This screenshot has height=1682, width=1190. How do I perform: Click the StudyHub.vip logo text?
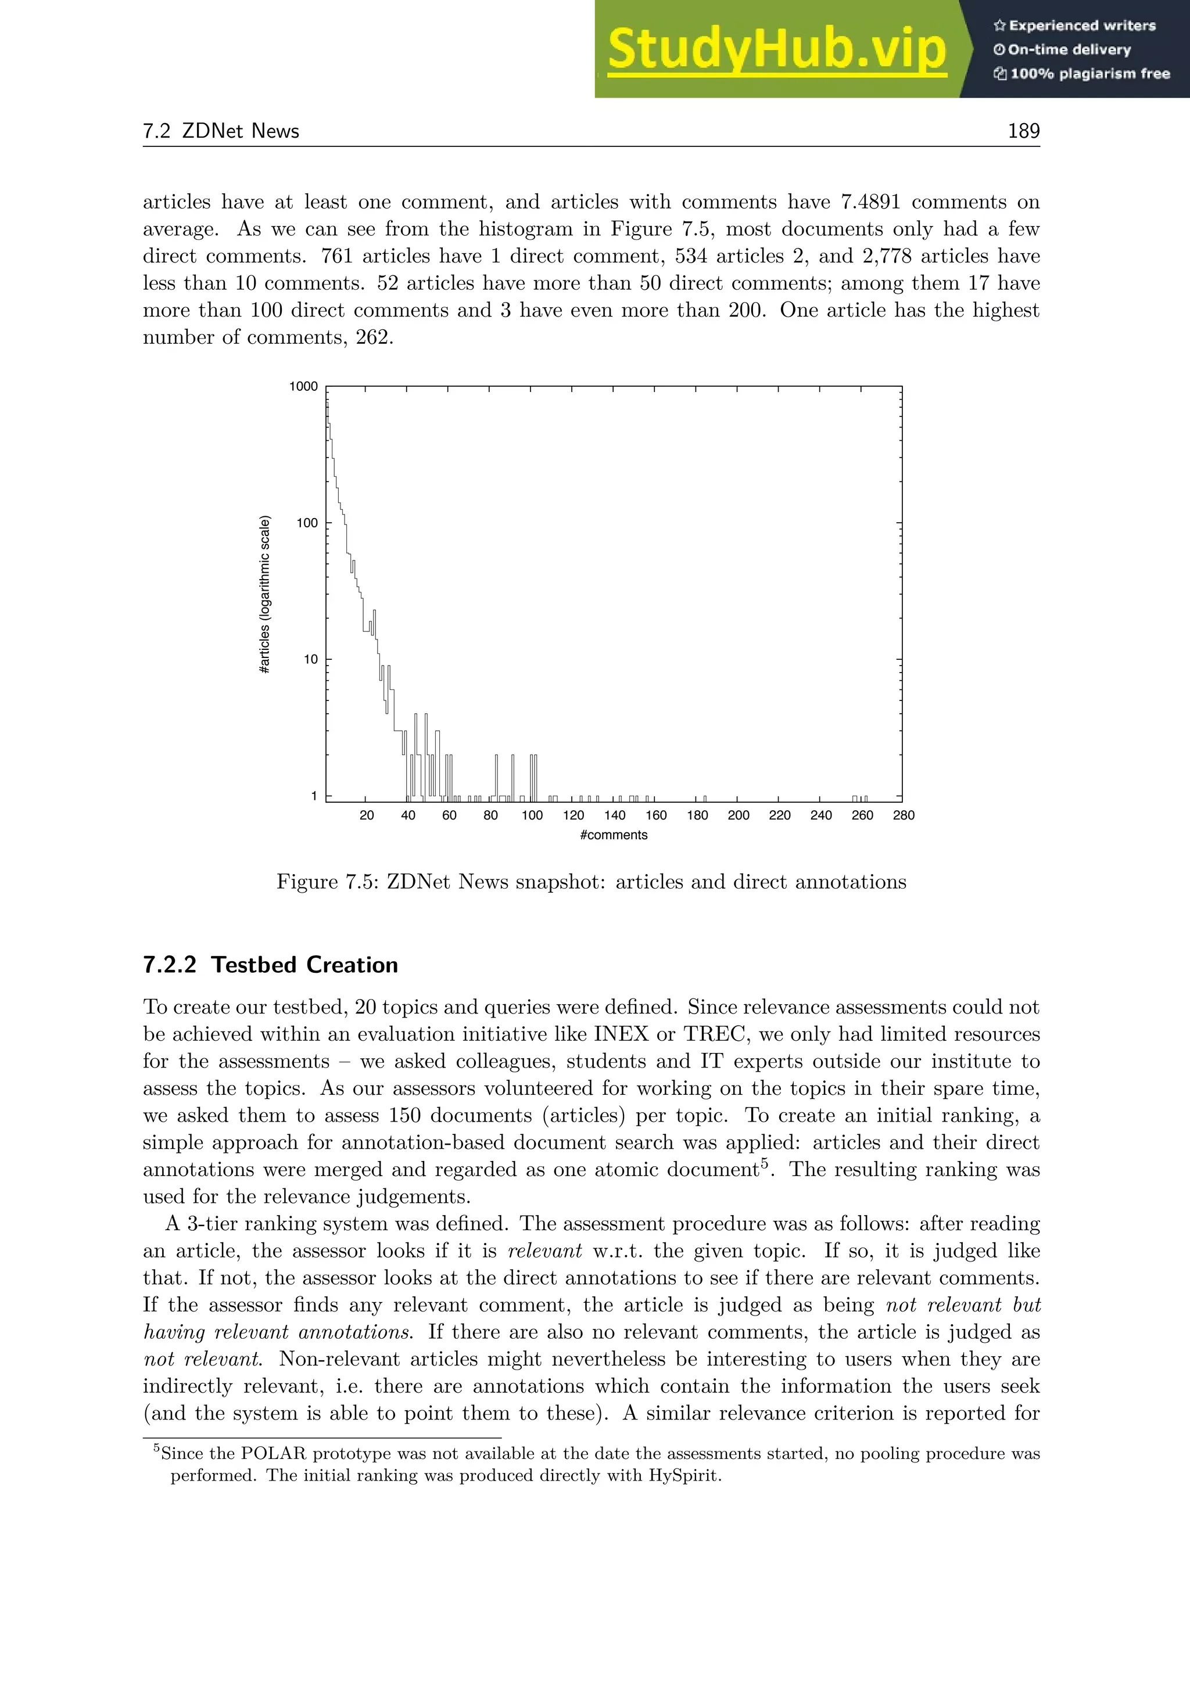coord(777,49)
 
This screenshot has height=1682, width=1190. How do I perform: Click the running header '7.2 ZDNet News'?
coord(221,131)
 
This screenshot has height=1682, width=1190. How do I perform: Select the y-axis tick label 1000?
coord(303,387)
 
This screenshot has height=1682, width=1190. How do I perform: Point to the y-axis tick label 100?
coord(307,523)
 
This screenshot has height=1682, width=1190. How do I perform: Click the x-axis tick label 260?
coord(862,815)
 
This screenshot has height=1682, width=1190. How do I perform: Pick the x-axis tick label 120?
coord(573,815)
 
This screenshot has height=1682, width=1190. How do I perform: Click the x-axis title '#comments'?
coord(614,835)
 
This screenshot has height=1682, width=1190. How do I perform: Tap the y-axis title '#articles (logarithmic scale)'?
coord(266,595)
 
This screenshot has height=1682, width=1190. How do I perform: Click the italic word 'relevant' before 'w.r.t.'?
coord(544,1251)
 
